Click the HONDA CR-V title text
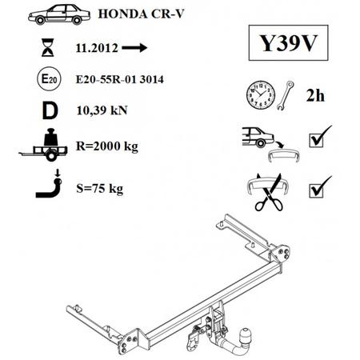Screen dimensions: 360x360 tap(141, 14)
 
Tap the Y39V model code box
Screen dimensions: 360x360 tap(288, 42)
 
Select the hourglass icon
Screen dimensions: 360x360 tap(48, 47)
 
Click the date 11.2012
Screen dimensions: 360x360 tap(97, 48)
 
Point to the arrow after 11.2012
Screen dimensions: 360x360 tap(134, 48)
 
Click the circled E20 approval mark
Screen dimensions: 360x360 tap(49, 79)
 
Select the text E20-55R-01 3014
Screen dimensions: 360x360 tap(120, 79)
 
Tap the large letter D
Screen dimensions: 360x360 tap(50, 110)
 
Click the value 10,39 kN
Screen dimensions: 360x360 tap(102, 110)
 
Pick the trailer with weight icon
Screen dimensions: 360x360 tap(44, 145)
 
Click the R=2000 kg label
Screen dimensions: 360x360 tap(107, 146)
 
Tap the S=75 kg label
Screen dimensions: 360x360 tap(99, 189)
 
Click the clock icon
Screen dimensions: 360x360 tap(261, 95)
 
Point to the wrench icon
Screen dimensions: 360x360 tap(285, 95)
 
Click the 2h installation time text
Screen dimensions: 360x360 tap(315, 95)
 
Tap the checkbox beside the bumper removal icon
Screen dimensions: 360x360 tap(316, 140)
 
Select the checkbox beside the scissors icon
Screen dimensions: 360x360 tap(316, 190)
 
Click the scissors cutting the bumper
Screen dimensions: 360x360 tap(269, 193)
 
